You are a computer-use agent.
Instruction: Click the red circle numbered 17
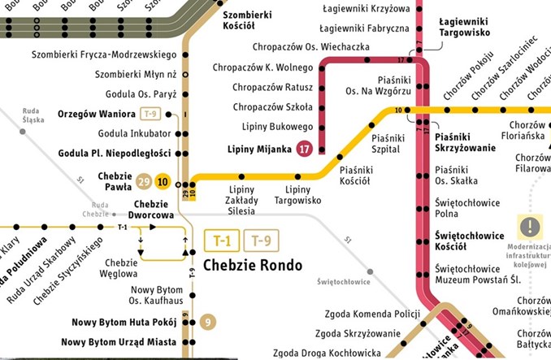pyautogui.click(x=304, y=149)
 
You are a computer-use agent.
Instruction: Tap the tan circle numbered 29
pyautogui.click(x=145, y=181)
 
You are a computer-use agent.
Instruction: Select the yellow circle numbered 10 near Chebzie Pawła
pyautogui.click(x=163, y=181)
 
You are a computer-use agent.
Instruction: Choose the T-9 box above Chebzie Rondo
pyautogui.click(x=258, y=241)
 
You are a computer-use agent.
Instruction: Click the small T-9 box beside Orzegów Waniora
pyautogui.click(x=150, y=113)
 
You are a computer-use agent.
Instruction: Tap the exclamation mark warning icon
pyautogui.click(x=530, y=225)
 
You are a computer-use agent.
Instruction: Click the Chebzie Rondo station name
pyautogui.click(x=252, y=265)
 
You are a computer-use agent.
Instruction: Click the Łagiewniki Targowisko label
pyautogui.click(x=464, y=27)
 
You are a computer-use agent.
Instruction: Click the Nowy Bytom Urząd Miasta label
pyautogui.click(x=118, y=342)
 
